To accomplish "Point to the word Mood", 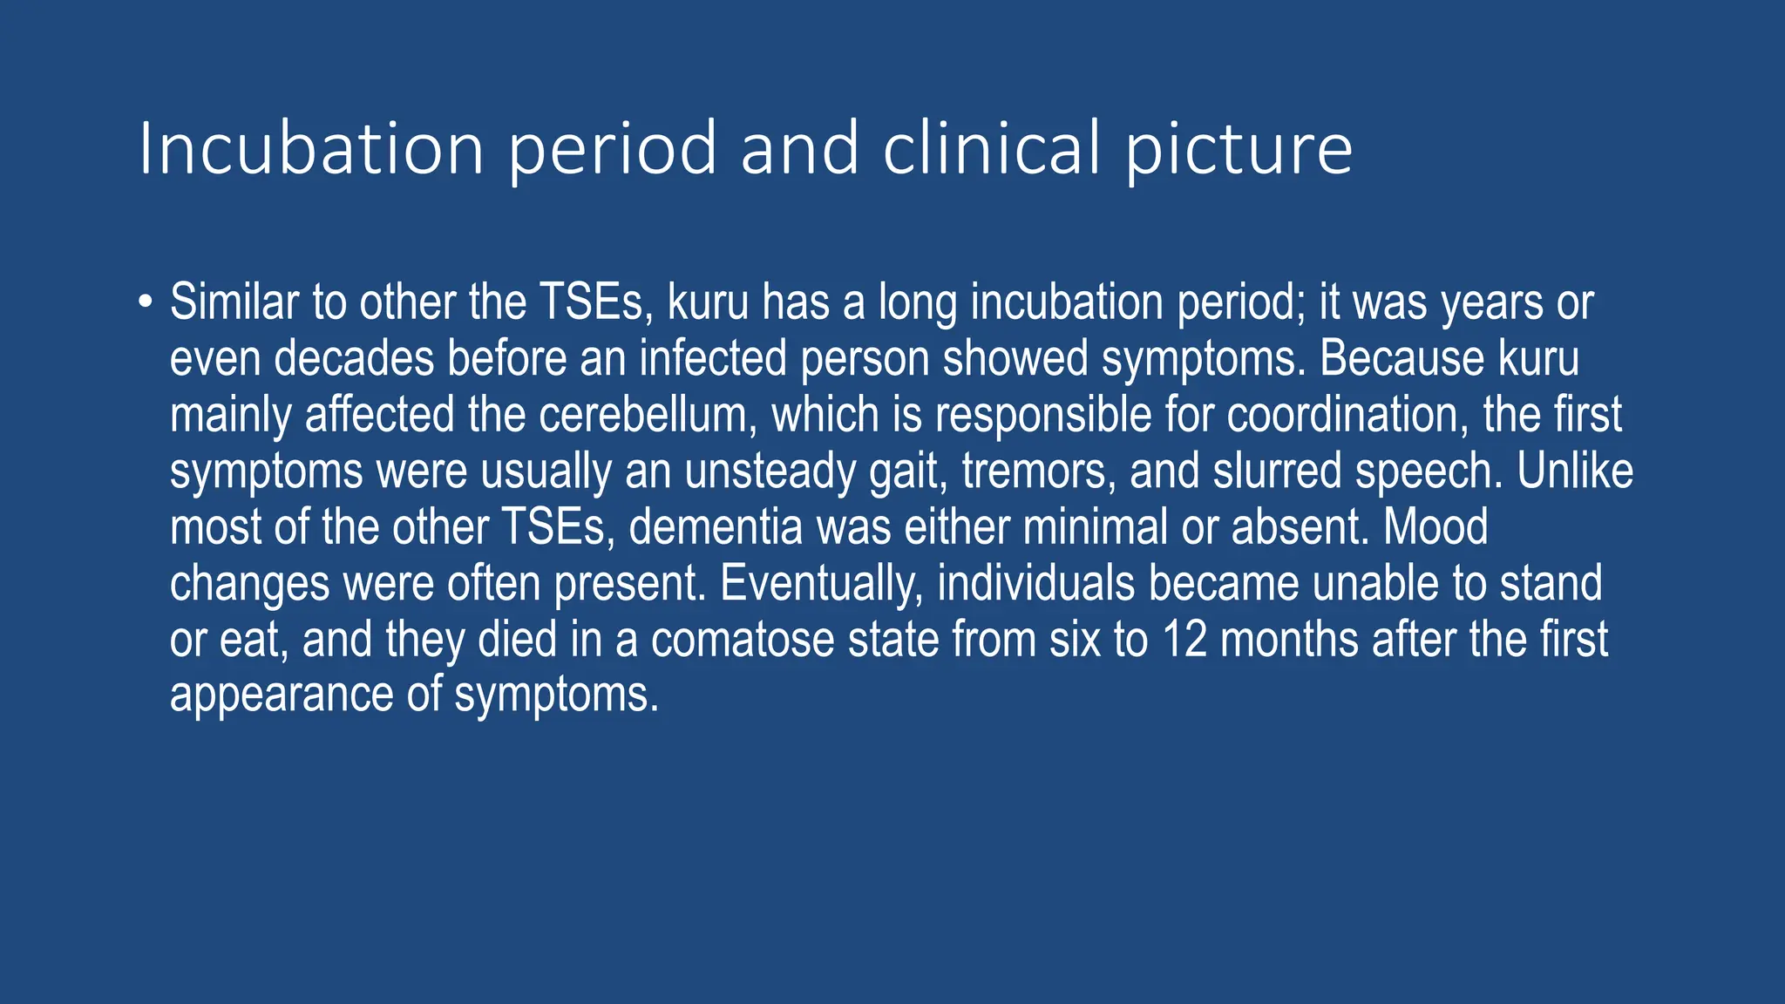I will (1435, 527).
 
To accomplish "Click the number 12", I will (1184, 639).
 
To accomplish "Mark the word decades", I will (354, 359).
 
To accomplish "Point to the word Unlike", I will (1575, 471).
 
